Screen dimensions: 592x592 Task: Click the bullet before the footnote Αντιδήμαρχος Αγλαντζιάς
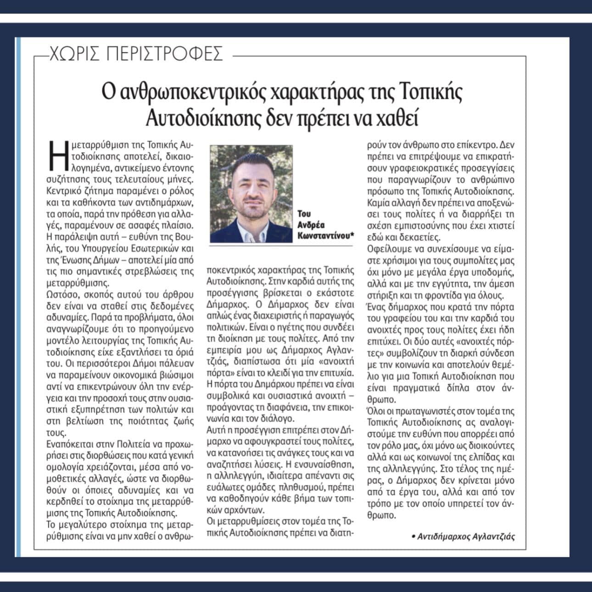point(413,536)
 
